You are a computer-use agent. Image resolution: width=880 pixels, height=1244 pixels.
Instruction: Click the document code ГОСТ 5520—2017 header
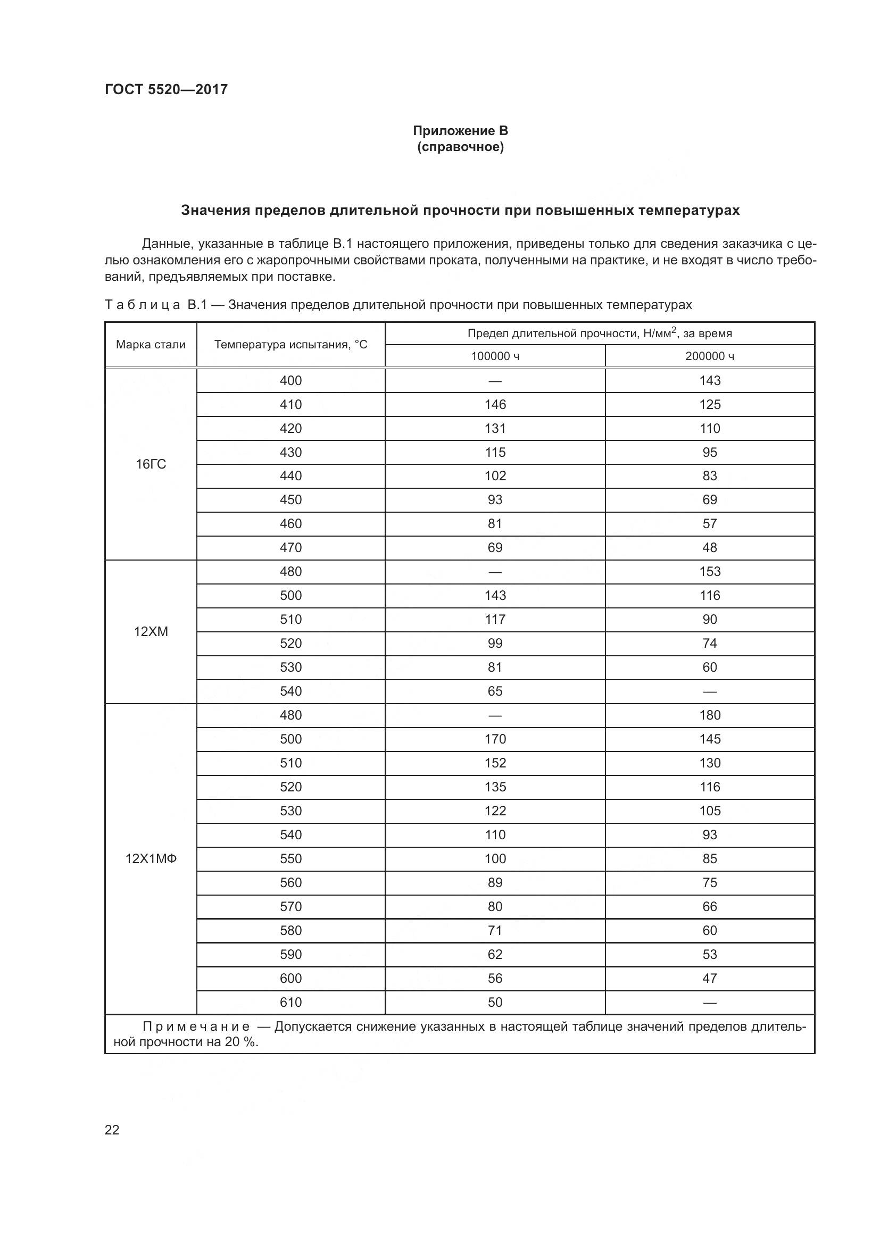[166, 89]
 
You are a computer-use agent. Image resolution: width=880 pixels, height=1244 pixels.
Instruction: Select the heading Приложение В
[460, 131]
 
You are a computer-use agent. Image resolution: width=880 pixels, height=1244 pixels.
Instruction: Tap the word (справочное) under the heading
[460, 147]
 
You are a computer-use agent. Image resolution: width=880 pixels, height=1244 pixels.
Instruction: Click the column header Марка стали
[151, 345]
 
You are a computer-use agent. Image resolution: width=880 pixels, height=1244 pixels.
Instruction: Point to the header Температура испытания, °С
[290, 345]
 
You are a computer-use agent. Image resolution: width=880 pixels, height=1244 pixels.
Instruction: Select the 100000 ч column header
[495, 356]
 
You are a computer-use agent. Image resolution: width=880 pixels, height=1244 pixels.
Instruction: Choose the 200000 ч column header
[709, 356]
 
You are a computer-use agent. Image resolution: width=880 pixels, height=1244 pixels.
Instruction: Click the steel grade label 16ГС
[151, 464]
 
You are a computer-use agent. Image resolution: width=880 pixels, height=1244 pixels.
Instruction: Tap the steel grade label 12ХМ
[151, 632]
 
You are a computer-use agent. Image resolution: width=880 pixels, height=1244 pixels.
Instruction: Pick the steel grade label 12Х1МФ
[151, 859]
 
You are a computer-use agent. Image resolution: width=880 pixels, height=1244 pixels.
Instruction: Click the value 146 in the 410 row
[495, 405]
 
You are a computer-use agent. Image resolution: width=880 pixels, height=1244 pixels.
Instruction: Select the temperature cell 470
[290, 548]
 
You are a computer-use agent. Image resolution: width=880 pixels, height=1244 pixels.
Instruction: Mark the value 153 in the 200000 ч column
[709, 572]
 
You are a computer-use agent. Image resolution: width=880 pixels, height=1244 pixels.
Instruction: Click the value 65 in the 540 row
[495, 691]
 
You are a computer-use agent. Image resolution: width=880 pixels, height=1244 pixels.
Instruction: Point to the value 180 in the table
[709, 715]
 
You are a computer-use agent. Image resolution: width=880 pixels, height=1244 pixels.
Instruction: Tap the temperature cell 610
[290, 1003]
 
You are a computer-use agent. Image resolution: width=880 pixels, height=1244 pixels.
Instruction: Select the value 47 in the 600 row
[709, 979]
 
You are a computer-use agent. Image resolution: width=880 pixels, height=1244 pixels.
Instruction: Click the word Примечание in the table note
[196, 1026]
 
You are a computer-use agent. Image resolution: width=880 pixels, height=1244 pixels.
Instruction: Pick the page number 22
[112, 1130]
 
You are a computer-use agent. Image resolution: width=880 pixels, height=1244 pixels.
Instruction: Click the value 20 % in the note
[240, 1042]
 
